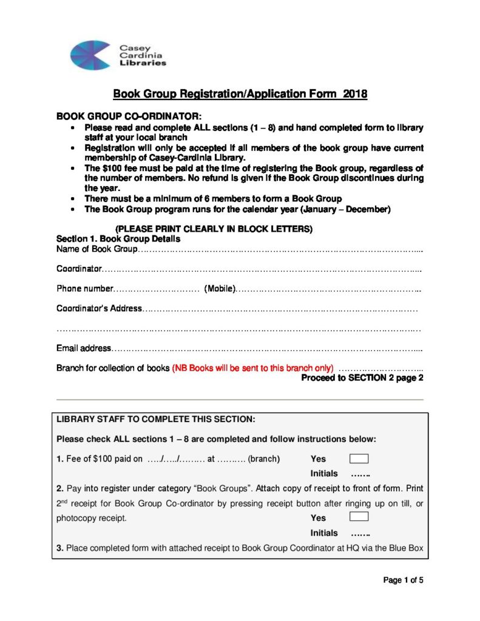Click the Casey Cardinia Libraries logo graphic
click(91, 55)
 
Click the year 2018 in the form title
click(355, 94)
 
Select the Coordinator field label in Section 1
click(78, 269)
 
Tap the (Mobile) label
click(220, 289)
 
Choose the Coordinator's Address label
click(99, 309)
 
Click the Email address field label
click(84, 348)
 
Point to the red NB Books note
click(253, 368)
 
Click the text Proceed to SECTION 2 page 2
click(362, 378)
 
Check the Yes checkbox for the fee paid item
click(359, 458)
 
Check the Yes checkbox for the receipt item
click(359, 517)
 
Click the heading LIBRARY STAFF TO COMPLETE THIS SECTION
click(156, 419)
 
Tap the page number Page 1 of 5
click(403, 580)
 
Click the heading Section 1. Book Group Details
click(118, 239)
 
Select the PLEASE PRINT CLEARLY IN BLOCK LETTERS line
click(214, 229)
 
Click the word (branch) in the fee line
click(264, 459)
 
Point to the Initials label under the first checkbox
click(324, 474)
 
